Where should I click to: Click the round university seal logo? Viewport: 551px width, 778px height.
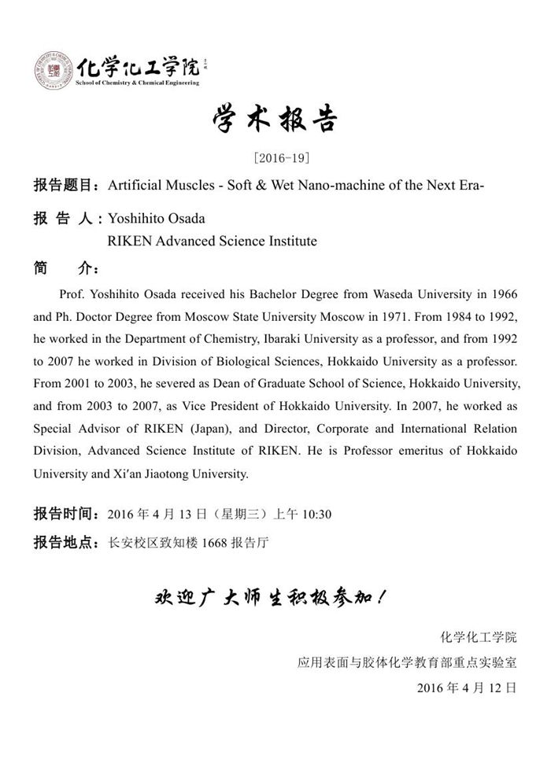coord(54,71)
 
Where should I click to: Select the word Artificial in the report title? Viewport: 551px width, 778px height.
coord(134,186)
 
